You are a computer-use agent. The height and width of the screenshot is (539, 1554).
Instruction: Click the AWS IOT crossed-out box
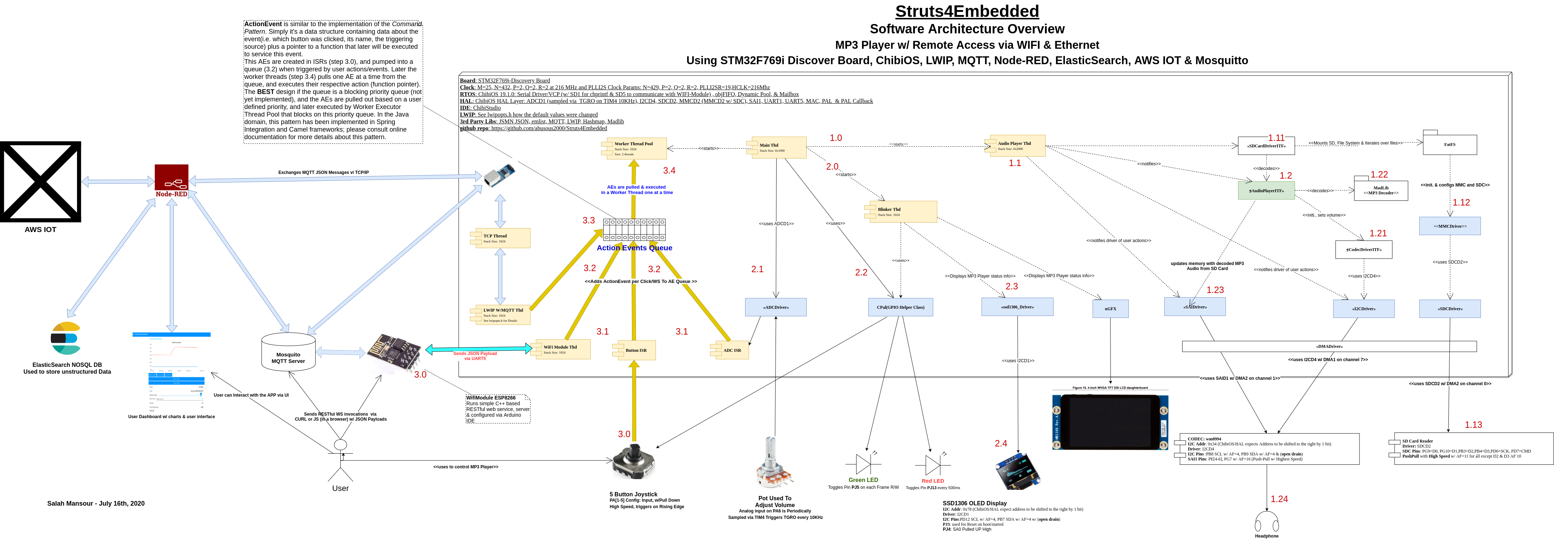tap(40, 182)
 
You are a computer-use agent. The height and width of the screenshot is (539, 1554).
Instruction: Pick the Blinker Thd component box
tap(902, 212)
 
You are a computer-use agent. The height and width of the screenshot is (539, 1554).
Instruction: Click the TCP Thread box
tap(502, 238)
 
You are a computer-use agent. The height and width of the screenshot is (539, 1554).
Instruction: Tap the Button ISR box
tap(635, 350)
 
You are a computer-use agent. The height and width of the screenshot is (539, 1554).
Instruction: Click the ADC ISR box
tap(731, 350)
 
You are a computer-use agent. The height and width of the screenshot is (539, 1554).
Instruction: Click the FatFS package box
tap(1450, 144)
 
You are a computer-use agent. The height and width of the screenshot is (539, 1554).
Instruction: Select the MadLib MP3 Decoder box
tap(1381, 190)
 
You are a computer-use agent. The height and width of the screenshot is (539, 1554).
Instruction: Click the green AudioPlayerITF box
tap(1266, 190)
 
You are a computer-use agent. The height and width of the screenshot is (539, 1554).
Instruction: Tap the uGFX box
tap(1111, 308)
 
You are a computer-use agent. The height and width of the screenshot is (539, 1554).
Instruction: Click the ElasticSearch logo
tap(66, 339)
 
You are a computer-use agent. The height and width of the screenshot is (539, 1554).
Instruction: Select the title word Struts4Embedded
tap(967, 11)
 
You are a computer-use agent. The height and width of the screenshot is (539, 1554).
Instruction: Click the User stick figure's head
tap(340, 445)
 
